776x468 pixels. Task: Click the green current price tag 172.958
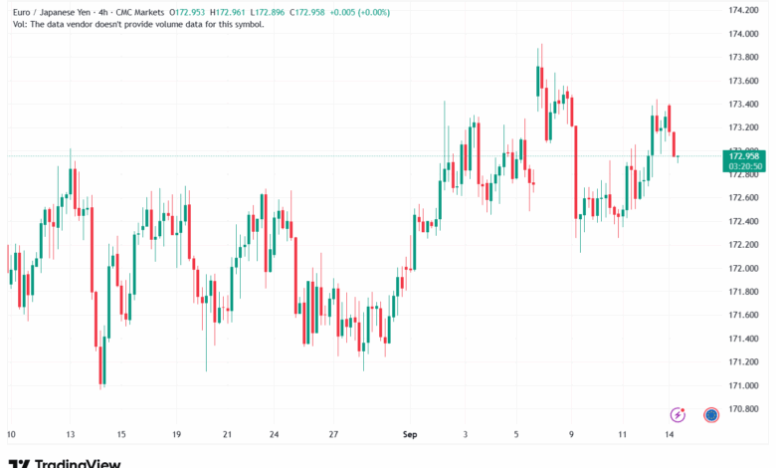coord(744,156)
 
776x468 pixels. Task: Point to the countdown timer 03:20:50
coord(744,166)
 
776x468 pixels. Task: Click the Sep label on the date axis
coord(407,434)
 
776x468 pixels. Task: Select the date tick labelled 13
coord(70,434)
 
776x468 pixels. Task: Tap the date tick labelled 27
coord(335,434)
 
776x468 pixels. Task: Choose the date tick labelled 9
coord(572,434)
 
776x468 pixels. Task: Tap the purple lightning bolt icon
coord(679,414)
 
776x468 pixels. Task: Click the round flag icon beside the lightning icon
coord(711,414)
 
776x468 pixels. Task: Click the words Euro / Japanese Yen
coord(46,12)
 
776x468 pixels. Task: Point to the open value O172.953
coord(188,12)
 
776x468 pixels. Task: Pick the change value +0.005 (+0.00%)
coord(361,12)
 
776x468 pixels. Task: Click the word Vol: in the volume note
coord(15,24)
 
